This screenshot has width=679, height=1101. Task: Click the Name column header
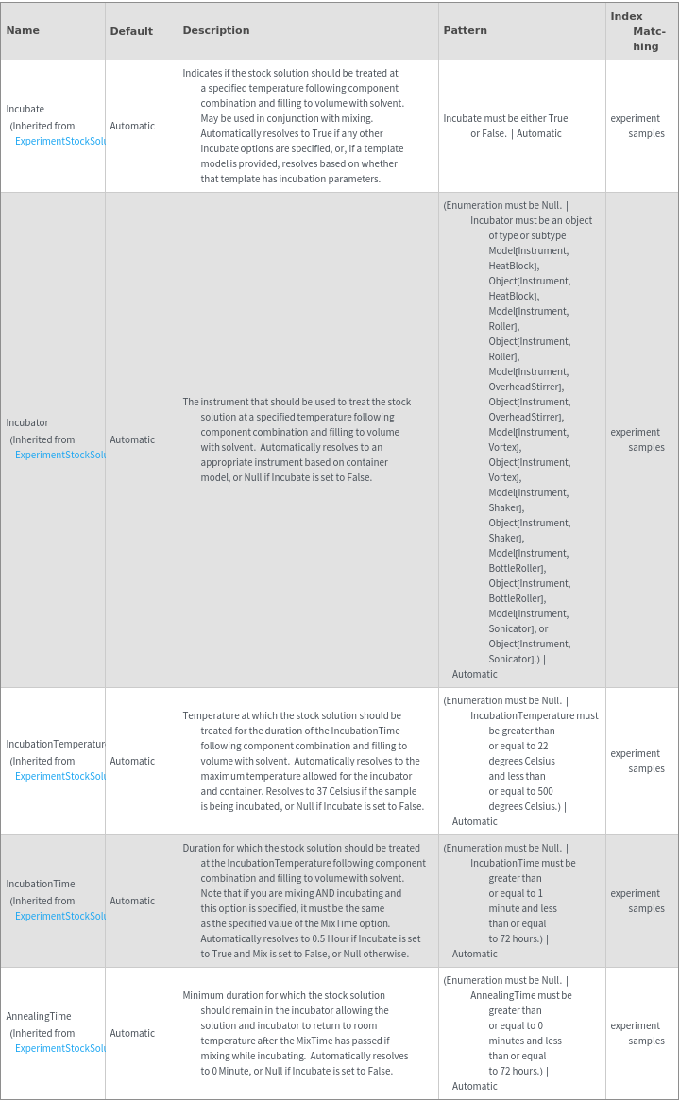point(23,30)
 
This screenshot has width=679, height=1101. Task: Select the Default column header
point(131,31)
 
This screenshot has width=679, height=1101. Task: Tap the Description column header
point(216,30)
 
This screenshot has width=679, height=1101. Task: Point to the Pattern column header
point(466,30)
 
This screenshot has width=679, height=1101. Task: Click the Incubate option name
point(25,109)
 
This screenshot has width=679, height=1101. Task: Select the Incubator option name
point(27,422)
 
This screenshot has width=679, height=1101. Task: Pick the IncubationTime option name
point(41,884)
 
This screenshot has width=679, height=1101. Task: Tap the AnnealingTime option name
point(39,1016)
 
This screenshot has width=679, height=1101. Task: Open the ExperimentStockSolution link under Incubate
point(59,141)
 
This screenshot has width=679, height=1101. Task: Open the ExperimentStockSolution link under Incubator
point(59,455)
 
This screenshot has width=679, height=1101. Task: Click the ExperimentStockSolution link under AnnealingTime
point(59,1048)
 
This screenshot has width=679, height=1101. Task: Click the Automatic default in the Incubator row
point(132,439)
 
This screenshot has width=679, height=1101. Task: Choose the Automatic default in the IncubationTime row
point(132,901)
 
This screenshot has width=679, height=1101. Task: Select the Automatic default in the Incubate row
point(132,126)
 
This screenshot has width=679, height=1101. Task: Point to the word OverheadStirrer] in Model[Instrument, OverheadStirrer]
point(526,387)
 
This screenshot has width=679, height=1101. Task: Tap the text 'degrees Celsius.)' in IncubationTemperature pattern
point(524,806)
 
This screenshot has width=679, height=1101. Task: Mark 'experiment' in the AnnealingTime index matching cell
point(636,1025)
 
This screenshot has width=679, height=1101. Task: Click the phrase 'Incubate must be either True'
point(505,118)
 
